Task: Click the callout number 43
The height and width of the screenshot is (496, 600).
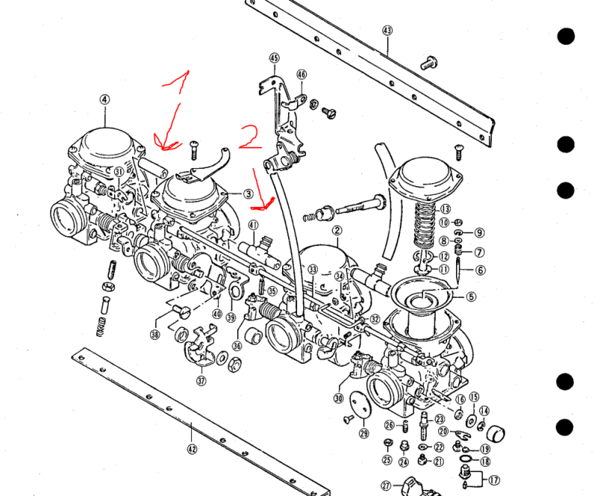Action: point(387,31)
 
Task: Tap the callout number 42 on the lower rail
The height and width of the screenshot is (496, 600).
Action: point(192,449)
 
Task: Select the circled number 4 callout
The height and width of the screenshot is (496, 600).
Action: point(104,99)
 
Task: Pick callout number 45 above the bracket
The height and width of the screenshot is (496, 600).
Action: point(274,58)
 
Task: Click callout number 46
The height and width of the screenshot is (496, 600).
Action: point(301,74)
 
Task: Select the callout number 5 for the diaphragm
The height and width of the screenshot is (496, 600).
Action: point(471,296)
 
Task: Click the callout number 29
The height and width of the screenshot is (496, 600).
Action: point(364,433)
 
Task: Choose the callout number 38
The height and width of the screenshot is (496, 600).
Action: point(155,335)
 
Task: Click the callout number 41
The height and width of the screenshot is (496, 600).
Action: point(253,225)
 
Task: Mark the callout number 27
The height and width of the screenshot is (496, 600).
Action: point(386,485)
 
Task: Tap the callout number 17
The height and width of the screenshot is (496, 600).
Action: point(493,480)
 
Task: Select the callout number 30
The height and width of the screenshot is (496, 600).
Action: point(338,398)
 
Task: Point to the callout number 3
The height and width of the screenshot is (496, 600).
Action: point(248,194)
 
